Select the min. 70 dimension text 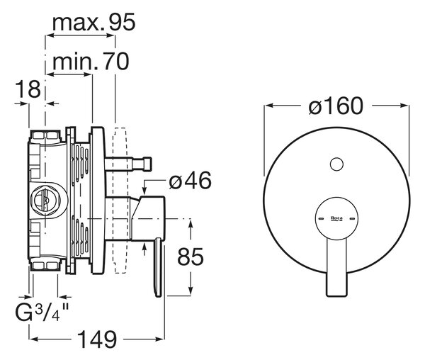click(91, 62)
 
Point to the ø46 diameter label click(190, 181)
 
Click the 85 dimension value click(190, 257)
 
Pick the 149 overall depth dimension click(97, 339)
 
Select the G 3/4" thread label click(42, 312)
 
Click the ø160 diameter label click(336, 106)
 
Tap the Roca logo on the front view click(336, 218)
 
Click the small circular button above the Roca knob click(336, 164)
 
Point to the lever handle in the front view click(336, 267)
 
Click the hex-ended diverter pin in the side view click(128, 164)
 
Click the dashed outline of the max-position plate click(120, 201)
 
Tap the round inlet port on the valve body click(49, 200)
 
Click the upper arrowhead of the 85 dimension click(191, 225)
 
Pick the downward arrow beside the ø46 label click(144, 188)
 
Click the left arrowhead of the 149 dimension click(33, 339)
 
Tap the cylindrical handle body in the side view click(148, 218)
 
